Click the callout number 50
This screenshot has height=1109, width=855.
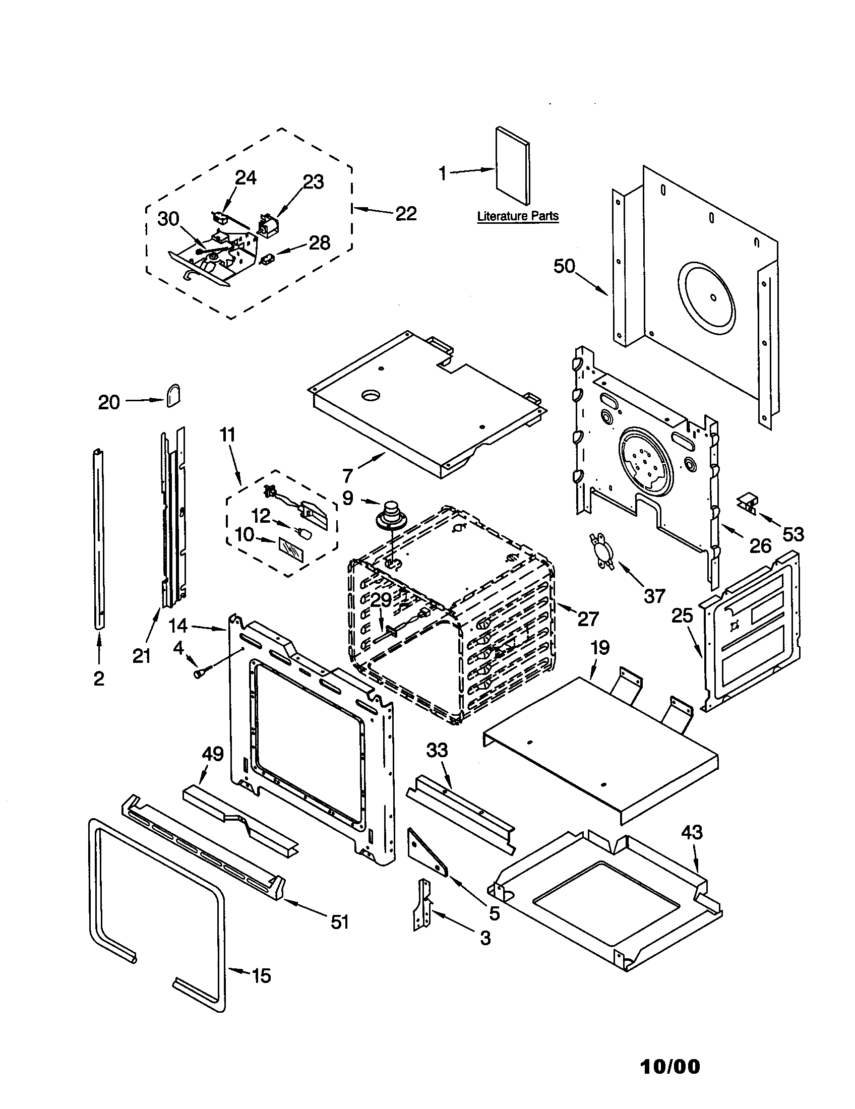point(564,266)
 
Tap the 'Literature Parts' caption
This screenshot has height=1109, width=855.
point(517,216)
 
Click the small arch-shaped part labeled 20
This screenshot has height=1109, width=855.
point(173,395)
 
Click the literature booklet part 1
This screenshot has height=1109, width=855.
point(513,165)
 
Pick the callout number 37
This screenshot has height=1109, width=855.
point(654,596)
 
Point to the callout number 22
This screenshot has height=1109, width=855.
point(406,214)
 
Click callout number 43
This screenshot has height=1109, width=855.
point(692,833)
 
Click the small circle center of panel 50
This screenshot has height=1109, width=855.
point(714,298)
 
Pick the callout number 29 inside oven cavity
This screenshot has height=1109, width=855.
point(381,601)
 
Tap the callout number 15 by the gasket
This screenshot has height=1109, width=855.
point(261,976)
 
